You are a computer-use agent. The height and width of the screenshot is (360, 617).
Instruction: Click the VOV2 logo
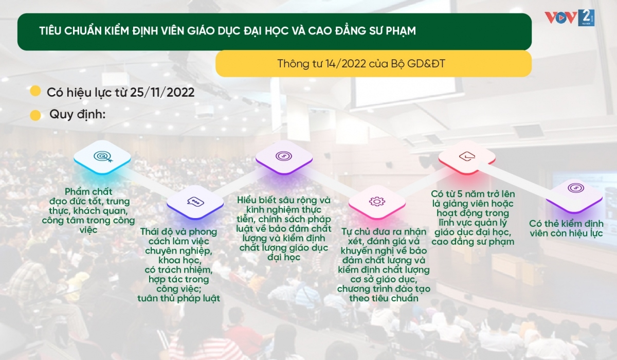click(569, 18)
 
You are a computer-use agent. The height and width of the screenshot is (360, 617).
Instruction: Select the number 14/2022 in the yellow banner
click(346, 64)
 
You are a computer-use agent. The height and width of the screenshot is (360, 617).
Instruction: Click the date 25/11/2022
click(162, 92)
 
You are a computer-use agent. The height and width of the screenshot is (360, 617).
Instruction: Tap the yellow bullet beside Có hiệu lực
click(35, 91)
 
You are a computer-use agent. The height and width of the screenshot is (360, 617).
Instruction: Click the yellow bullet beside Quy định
click(35, 115)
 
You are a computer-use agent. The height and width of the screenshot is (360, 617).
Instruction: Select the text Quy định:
click(78, 114)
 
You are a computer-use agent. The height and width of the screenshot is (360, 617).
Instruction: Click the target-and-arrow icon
click(103, 157)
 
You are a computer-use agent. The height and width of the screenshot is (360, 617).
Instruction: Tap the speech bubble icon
click(195, 202)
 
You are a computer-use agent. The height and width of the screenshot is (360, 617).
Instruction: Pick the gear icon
click(377, 202)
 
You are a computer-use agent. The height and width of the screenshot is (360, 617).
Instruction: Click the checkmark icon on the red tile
click(467, 156)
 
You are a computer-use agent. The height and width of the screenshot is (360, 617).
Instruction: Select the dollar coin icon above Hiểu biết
click(284, 156)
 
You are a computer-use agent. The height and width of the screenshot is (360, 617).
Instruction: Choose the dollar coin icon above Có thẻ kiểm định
click(576, 188)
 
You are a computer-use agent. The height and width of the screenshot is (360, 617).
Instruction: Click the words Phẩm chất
click(88, 191)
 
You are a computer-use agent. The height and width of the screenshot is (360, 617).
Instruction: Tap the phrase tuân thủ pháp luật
click(179, 298)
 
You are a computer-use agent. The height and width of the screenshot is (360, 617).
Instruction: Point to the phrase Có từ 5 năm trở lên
click(473, 194)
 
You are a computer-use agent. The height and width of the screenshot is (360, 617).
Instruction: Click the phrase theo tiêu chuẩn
click(384, 298)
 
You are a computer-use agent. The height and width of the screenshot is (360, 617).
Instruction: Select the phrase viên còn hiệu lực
click(566, 233)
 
